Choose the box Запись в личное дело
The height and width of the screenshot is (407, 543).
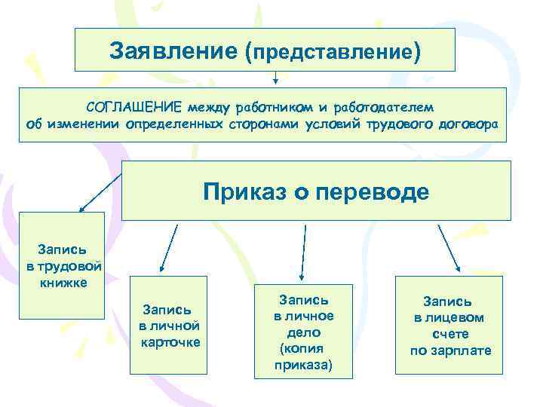coord(304,332)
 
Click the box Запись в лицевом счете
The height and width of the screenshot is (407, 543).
coord(450,324)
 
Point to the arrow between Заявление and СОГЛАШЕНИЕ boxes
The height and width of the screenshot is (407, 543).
coord(275,77)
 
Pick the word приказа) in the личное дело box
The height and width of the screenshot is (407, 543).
coord(304,366)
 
